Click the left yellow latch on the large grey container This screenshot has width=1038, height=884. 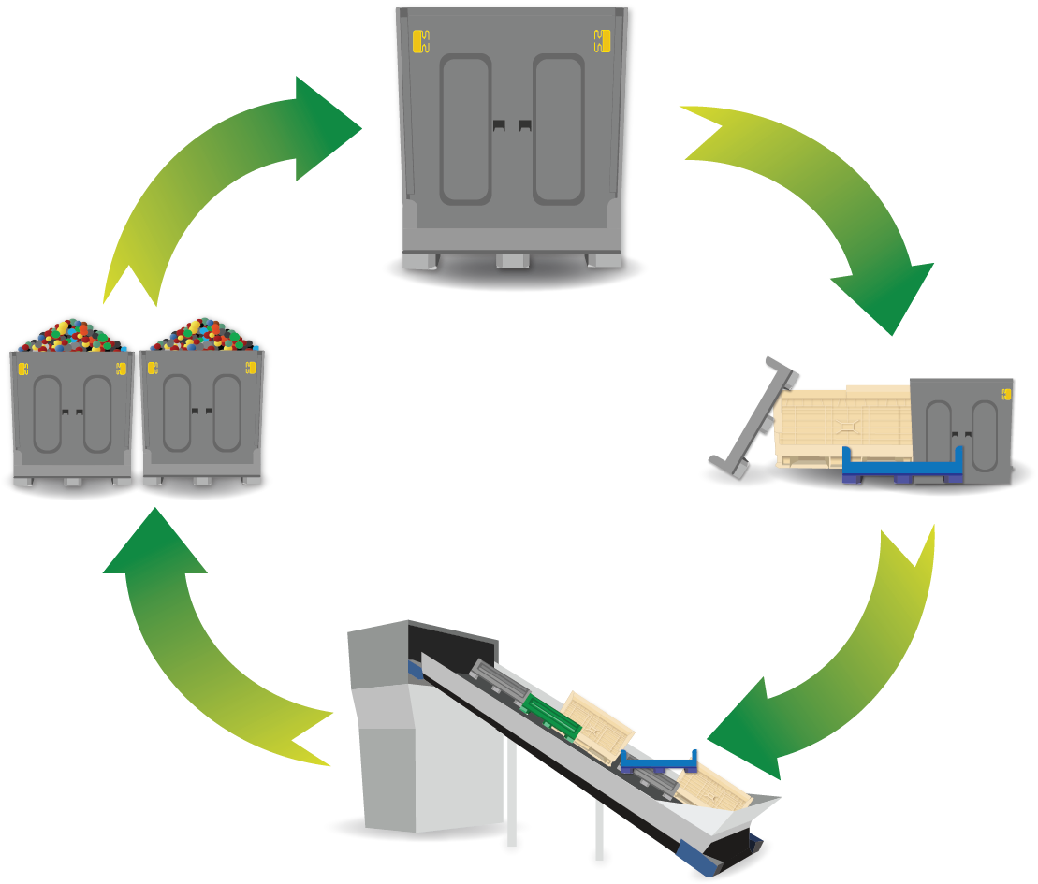click(421, 41)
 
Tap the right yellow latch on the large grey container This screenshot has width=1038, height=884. click(602, 40)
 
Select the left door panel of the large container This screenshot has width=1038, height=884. click(465, 128)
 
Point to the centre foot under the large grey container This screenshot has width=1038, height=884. click(513, 261)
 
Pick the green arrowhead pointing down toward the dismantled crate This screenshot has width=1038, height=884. click(884, 295)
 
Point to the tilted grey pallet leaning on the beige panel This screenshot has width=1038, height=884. click(753, 416)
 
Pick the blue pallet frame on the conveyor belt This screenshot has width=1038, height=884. click(660, 762)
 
